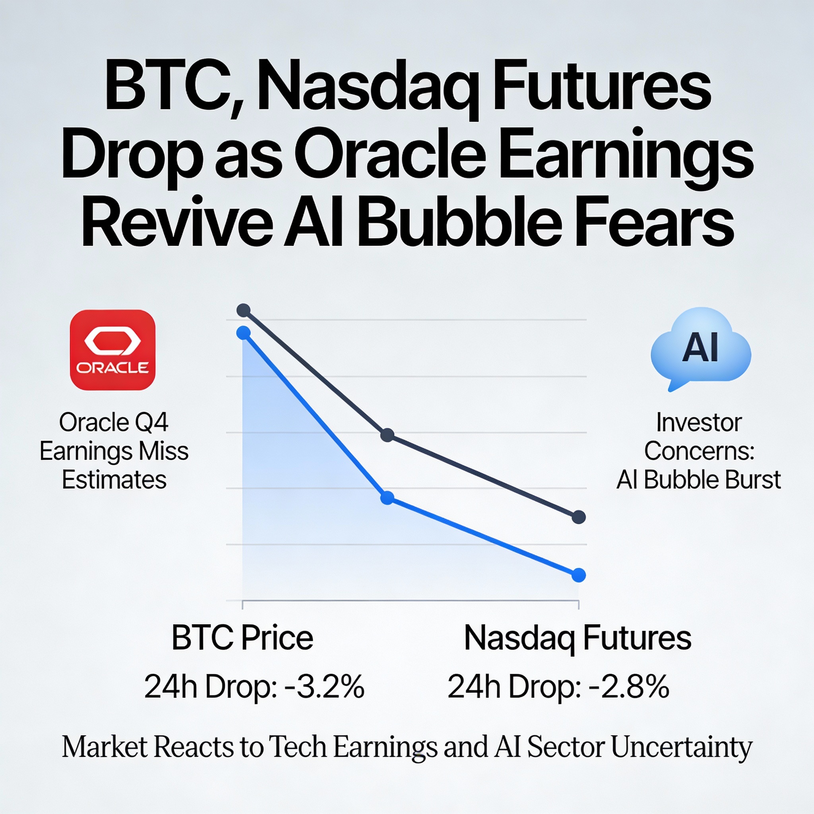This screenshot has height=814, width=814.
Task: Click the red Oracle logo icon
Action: (112, 350)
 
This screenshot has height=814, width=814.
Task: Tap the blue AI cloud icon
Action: (700, 348)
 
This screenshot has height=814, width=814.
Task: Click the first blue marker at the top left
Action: (244, 333)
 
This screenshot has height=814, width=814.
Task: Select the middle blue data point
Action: (387, 498)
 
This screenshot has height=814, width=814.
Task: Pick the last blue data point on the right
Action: (578, 575)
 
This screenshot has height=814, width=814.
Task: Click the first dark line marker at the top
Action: (244, 310)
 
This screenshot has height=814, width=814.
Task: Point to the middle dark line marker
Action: (387, 435)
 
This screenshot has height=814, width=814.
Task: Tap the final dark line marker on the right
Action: (578, 517)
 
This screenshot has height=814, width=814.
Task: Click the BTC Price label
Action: (242, 638)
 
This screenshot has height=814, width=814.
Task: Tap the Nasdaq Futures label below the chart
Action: (578, 638)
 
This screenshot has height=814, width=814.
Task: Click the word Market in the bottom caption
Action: (105, 747)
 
